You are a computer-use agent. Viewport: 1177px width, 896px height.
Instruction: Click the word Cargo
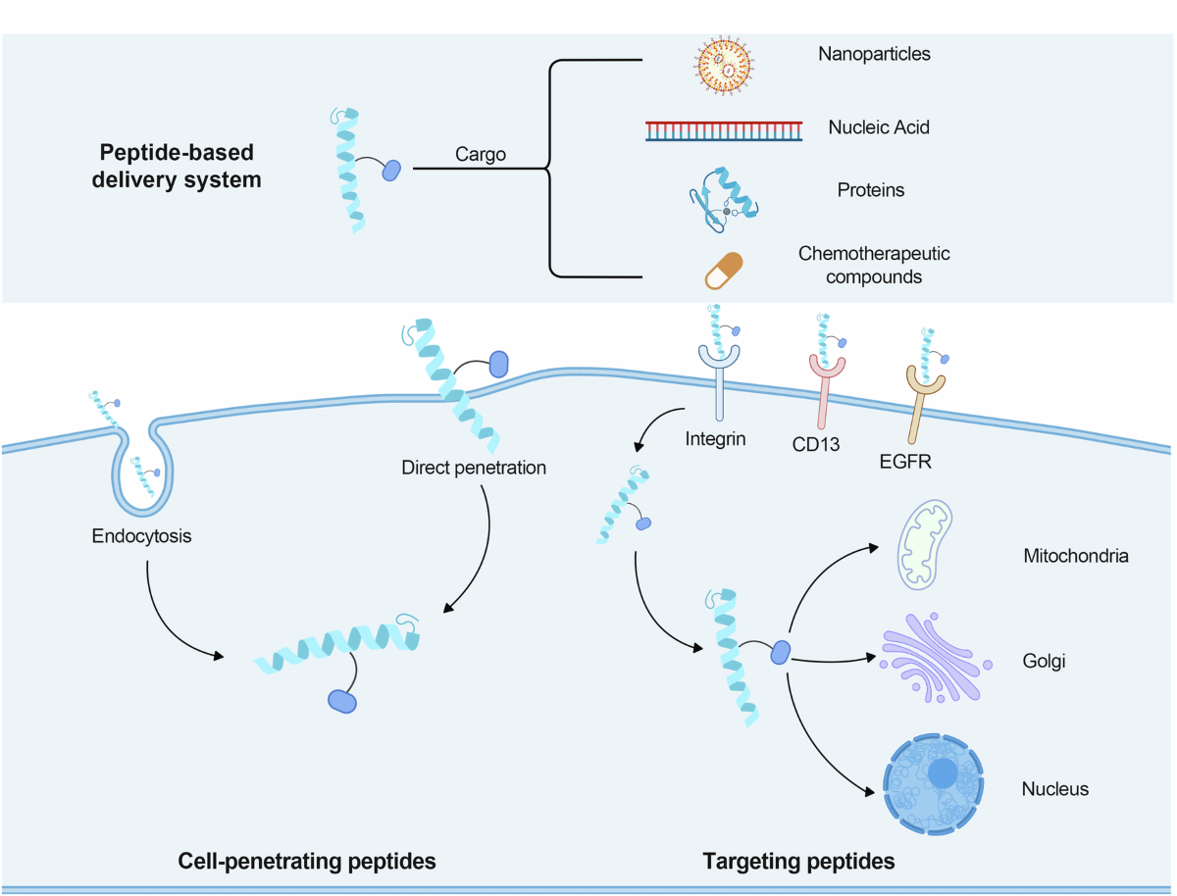[481, 154]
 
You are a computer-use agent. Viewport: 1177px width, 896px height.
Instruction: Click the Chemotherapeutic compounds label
[874, 265]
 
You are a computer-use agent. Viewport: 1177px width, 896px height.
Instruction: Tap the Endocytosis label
[141, 536]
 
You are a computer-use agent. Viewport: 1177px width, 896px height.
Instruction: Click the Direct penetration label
[474, 467]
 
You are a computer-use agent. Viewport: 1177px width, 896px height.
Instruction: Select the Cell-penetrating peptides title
[307, 861]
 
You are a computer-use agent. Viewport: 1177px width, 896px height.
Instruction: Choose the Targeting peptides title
[798, 862]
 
